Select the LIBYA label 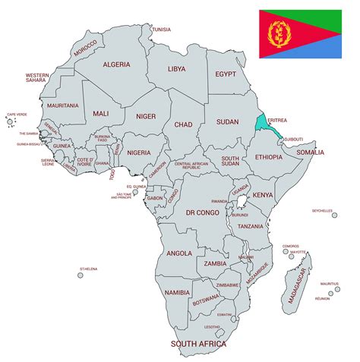[x=176, y=69]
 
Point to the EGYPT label [x=226, y=74]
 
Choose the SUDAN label [x=227, y=121]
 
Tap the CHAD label [x=183, y=124]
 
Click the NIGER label [x=146, y=116]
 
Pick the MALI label [x=101, y=113]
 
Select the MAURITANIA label [x=62, y=105]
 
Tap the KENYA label [x=262, y=195]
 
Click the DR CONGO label [x=203, y=213]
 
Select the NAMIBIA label [x=177, y=292]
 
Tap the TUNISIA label [x=161, y=30]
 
